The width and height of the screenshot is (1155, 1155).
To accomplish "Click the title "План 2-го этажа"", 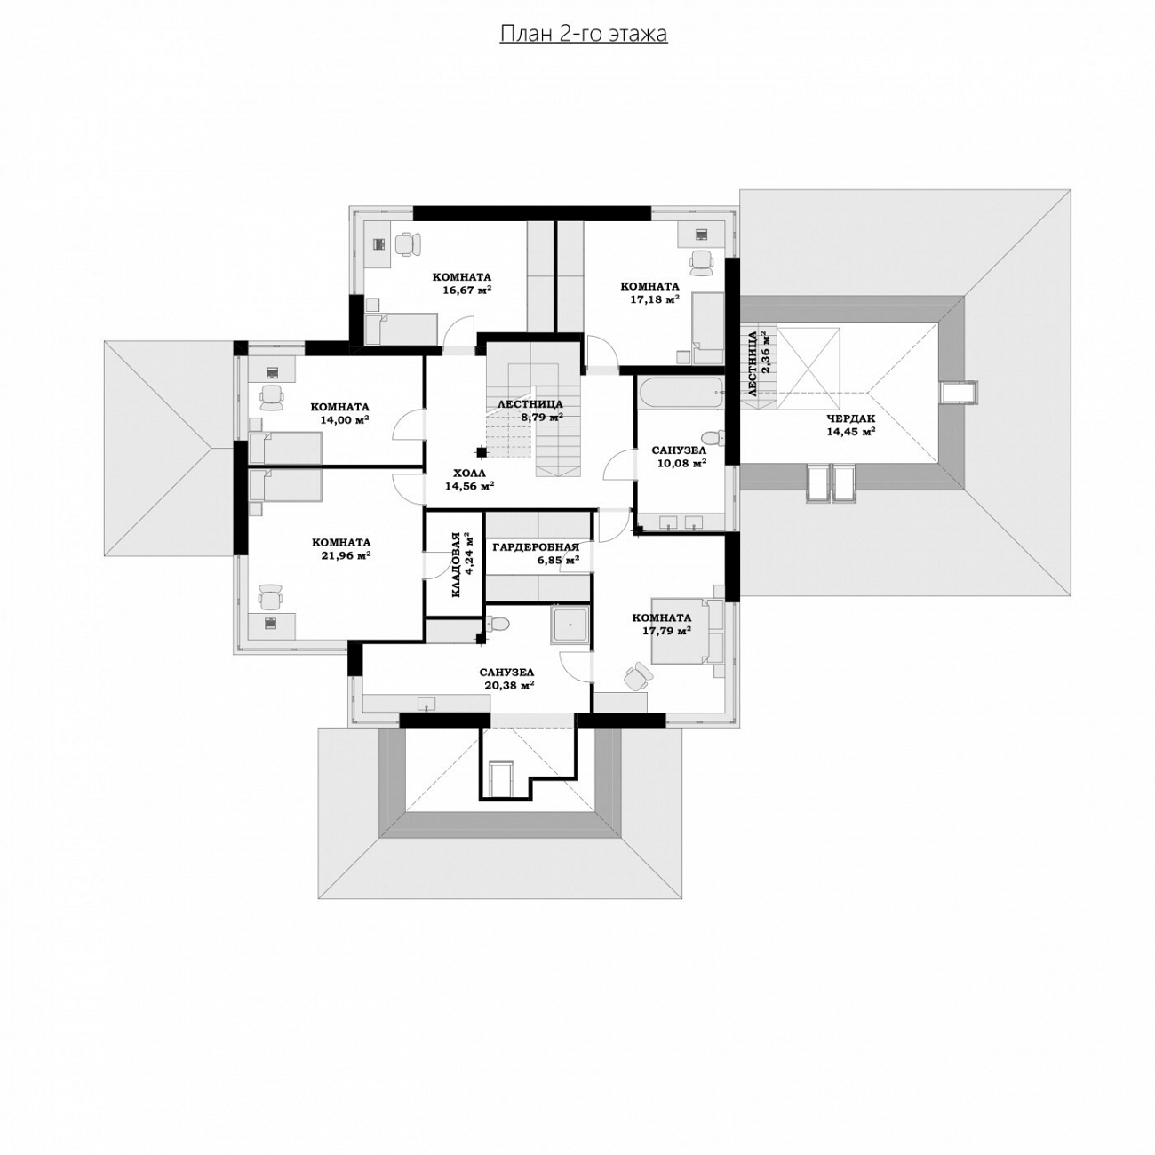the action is (583, 34).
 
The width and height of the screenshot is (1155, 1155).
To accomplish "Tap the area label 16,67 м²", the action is (467, 291).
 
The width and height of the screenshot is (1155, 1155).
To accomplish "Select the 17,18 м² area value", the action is (655, 299).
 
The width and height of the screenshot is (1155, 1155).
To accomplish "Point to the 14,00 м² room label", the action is (344, 419).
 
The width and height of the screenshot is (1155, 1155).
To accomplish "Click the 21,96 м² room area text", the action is (346, 555).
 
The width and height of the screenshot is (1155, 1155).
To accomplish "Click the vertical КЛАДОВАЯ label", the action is (456, 564).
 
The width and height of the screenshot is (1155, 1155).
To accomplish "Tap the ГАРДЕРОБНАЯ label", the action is (536, 546).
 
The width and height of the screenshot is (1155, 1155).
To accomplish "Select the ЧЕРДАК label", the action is (851, 418).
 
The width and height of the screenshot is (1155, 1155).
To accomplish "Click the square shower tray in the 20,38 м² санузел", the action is (570, 625).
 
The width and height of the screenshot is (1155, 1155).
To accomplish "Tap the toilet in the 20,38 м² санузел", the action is (498, 625).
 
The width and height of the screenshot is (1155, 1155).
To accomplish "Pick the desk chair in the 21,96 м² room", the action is (270, 596).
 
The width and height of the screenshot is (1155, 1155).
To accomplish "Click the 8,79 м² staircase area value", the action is (542, 417).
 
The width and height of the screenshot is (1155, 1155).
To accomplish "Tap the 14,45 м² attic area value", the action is (851, 431).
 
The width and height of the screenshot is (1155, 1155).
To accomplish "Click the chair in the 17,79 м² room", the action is (635, 675).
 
